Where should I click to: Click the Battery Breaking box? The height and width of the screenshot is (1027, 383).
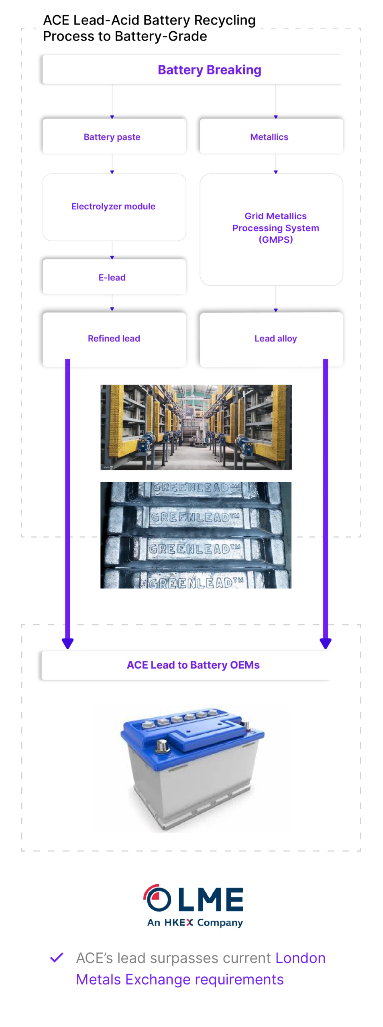click(x=195, y=69)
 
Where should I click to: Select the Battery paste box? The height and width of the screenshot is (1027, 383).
click(x=114, y=136)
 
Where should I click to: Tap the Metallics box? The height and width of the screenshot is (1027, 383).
click(x=271, y=136)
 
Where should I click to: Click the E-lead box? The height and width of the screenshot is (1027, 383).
click(x=114, y=277)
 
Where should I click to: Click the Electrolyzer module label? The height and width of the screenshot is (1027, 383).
click(x=114, y=207)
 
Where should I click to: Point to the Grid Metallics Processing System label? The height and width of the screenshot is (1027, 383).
click(x=276, y=228)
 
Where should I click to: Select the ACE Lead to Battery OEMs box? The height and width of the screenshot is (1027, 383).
click(x=188, y=665)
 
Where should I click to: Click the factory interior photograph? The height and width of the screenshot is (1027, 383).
click(x=196, y=426)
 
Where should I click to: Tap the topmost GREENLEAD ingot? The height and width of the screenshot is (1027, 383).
click(x=196, y=488)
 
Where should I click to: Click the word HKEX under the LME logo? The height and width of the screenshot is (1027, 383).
click(x=179, y=922)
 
